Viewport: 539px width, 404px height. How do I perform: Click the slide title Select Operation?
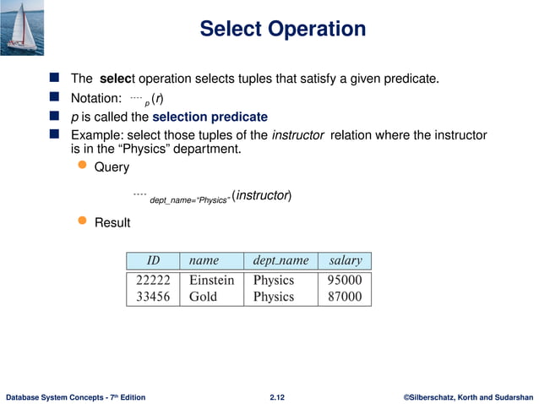282,30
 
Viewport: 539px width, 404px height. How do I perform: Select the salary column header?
345,260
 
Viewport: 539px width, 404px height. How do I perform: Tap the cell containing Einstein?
211,280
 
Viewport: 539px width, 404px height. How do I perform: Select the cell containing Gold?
203,297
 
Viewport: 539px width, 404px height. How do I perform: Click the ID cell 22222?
154,280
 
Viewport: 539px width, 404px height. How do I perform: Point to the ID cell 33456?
154,297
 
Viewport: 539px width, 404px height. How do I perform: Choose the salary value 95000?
345,280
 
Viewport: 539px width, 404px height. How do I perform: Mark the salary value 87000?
345,297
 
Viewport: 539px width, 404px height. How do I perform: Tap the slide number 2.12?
276,396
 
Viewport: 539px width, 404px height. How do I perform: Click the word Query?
112,167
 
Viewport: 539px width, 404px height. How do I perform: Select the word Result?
112,223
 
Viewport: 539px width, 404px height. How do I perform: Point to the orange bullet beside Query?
83,167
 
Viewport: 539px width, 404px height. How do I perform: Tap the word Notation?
97,98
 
